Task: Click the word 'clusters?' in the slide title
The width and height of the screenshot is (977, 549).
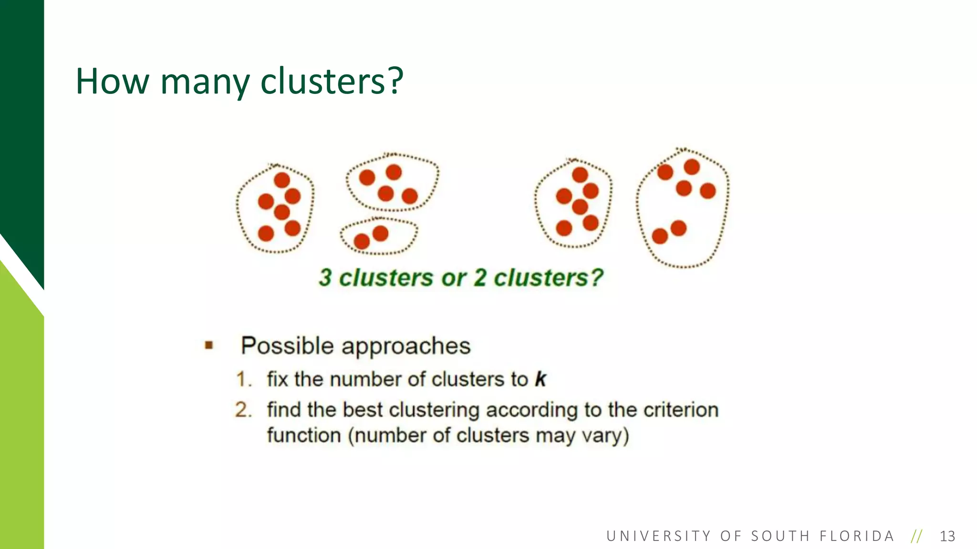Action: (x=332, y=81)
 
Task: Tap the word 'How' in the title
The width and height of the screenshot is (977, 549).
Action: (x=113, y=81)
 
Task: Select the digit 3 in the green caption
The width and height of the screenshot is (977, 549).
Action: (x=325, y=278)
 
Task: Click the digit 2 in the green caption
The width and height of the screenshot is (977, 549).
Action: (x=480, y=278)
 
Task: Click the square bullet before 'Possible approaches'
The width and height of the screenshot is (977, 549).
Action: (x=208, y=345)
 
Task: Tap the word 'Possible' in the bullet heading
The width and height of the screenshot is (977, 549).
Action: (x=287, y=346)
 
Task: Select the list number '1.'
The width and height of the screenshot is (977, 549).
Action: (x=244, y=380)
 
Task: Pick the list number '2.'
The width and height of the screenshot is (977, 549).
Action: (x=243, y=410)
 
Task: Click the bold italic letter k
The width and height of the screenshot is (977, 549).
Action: (x=540, y=379)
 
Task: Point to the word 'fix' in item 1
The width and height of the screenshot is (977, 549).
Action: (x=278, y=379)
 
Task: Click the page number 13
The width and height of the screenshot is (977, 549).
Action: (x=947, y=536)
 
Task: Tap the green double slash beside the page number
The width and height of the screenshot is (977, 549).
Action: (x=916, y=536)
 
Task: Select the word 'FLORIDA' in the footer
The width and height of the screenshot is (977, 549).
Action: (x=857, y=536)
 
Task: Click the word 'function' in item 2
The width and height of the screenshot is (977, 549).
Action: (x=304, y=435)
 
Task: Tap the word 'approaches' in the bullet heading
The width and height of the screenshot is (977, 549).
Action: (x=413, y=346)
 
